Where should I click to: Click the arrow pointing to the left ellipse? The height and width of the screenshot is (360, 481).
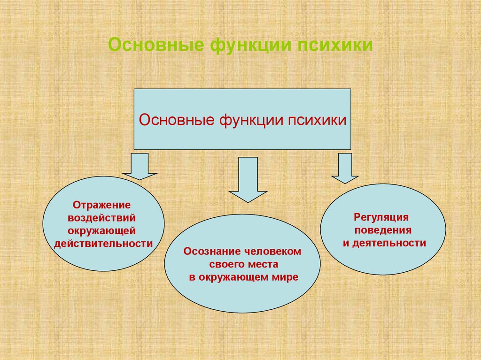[x=140, y=167]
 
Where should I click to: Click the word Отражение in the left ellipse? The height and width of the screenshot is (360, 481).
[x=101, y=205]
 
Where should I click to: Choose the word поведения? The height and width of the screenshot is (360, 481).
[x=383, y=230]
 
